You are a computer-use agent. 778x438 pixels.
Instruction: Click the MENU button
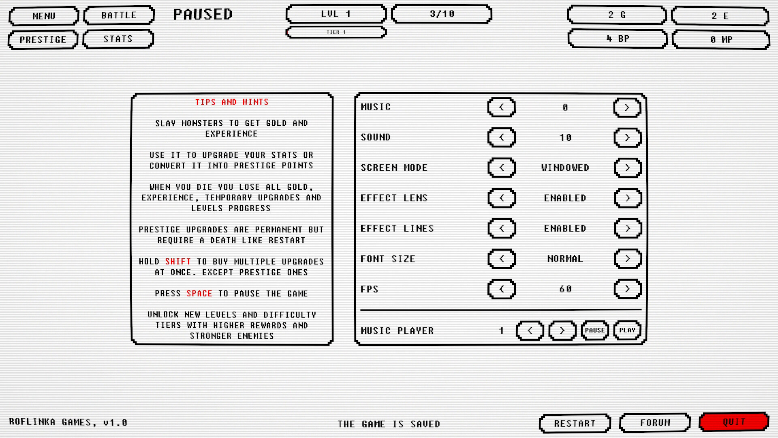click(x=44, y=16)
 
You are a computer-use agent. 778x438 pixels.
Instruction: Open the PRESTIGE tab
click(x=43, y=40)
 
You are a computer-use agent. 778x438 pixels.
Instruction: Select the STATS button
click(x=118, y=39)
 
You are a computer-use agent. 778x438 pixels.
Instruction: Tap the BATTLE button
click(x=119, y=15)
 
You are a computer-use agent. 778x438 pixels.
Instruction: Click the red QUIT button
click(x=734, y=422)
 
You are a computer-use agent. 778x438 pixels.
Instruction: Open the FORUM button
click(x=655, y=423)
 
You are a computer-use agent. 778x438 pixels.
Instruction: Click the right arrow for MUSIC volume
click(x=627, y=107)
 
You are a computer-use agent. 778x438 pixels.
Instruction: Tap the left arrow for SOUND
click(x=501, y=137)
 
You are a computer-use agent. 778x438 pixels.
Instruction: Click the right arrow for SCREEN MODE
click(x=627, y=168)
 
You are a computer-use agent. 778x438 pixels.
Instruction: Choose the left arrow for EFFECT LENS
click(x=501, y=198)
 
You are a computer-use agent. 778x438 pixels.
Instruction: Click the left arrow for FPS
click(x=501, y=289)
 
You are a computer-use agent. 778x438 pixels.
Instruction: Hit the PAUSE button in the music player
click(x=594, y=331)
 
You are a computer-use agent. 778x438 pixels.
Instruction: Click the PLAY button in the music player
click(x=627, y=331)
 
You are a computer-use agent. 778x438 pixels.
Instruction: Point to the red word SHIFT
click(x=178, y=262)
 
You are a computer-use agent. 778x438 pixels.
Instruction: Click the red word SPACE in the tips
click(x=199, y=294)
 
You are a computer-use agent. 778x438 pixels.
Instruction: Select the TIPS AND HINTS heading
click(x=232, y=102)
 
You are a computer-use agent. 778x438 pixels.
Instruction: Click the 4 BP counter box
click(x=617, y=39)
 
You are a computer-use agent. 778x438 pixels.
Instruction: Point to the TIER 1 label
click(x=336, y=32)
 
